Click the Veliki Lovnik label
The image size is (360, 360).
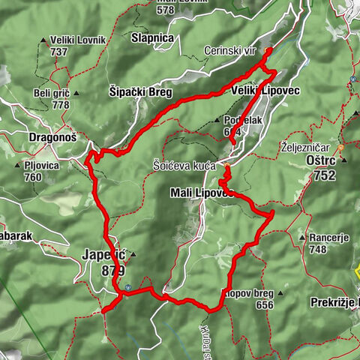coord(77,39)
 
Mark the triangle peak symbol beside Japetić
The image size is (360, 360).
coord(133,256)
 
